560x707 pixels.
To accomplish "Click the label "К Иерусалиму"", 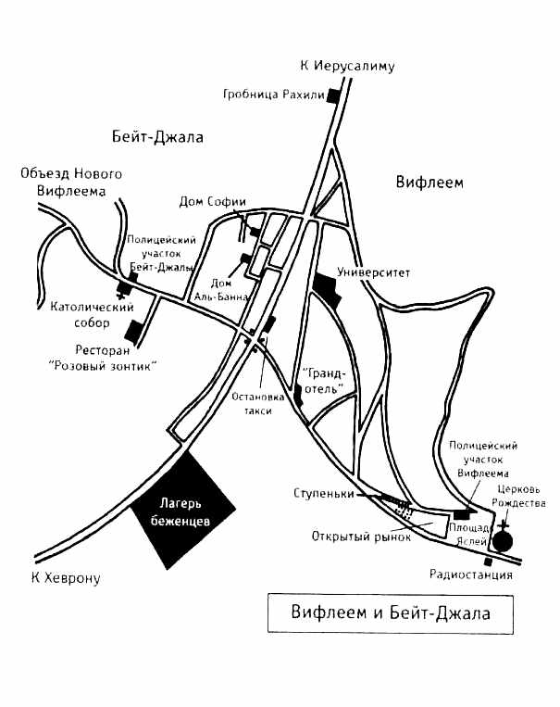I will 348,66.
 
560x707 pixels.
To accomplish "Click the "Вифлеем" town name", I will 428,182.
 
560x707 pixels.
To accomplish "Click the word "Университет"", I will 373,272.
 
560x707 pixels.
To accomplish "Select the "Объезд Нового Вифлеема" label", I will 72,183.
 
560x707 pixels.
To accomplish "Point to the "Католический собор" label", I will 75,312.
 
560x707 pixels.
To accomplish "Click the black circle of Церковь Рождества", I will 504,542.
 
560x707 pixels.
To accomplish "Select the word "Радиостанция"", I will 470,574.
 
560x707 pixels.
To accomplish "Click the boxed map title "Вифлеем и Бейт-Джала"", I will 389,612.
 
